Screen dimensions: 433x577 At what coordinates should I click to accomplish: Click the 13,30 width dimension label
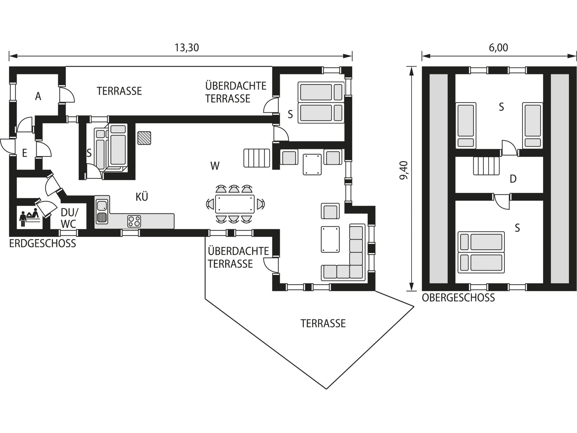[x=187, y=48]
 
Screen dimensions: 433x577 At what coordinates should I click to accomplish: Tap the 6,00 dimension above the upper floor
[x=498, y=48]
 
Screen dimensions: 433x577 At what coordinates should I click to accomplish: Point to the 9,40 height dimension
[x=403, y=170]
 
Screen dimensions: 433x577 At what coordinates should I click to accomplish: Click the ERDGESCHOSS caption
[x=43, y=244]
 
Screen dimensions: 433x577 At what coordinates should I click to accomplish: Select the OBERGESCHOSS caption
[x=458, y=298]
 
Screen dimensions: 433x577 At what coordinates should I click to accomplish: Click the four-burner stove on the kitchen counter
[x=134, y=221]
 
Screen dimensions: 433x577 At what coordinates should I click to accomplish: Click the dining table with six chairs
[x=235, y=204]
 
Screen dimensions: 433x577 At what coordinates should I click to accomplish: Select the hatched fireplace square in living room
[x=144, y=138]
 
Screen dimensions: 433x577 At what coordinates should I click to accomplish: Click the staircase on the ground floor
[x=257, y=158]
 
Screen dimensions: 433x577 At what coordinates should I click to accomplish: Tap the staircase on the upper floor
[x=486, y=166]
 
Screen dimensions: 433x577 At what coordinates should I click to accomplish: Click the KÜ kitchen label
[x=142, y=197]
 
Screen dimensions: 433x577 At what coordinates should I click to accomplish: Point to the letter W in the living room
[x=215, y=166]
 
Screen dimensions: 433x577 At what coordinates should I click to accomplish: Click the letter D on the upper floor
[x=513, y=179]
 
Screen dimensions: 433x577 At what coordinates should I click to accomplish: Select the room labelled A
[x=38, y=96]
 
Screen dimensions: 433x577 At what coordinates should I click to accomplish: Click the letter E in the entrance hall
[x=25, y=153]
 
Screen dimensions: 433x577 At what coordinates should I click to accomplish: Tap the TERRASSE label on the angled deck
[x=323, y=324]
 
